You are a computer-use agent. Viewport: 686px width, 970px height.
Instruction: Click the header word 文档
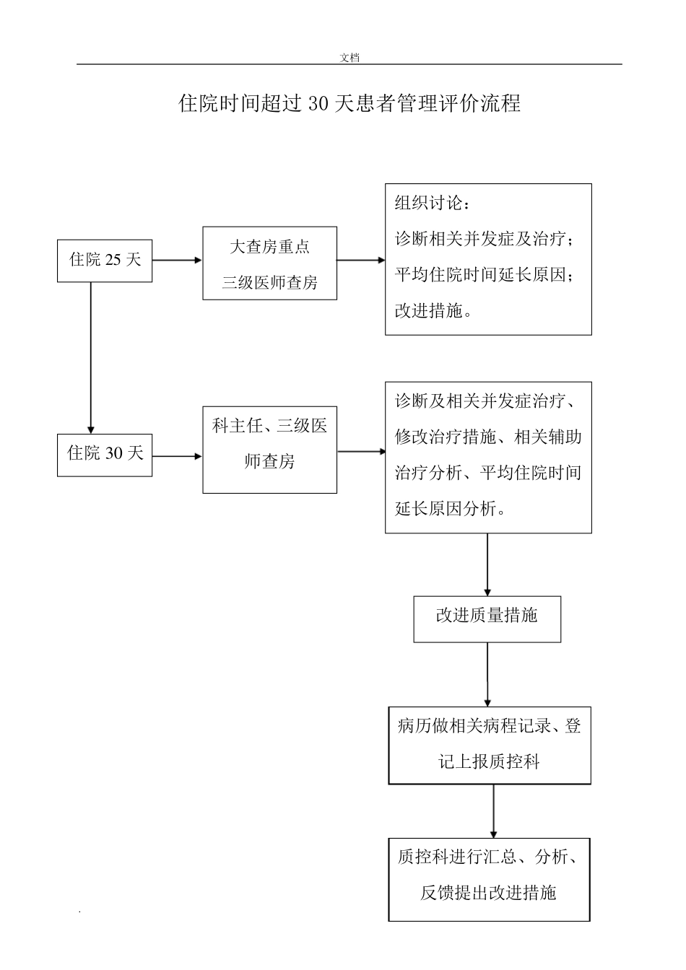tap(349, 58)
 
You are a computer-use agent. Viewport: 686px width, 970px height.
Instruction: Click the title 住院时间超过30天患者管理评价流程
tap(349, 104)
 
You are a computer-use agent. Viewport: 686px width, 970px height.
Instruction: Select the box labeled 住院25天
tap(105, 261)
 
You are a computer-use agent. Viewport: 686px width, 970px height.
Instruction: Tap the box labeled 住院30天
tap(105, 455)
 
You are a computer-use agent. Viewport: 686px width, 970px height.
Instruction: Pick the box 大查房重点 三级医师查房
tap(269, 263)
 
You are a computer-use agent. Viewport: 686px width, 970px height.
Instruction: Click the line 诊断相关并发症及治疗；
tap(485, 239)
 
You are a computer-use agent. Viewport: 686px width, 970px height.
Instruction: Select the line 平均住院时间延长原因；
tap(485, 275)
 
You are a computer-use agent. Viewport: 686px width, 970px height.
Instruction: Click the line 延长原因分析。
tap(450, 509)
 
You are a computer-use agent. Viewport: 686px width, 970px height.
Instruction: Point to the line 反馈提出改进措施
tap(488, 893)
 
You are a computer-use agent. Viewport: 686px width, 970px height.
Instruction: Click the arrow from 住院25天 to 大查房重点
tap(177, 261)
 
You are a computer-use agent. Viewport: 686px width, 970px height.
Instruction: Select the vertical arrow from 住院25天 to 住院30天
tap(91, 357)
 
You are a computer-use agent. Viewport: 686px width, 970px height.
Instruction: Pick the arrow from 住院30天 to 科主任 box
tap(177, 456)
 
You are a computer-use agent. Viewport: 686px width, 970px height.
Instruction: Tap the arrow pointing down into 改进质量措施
tap(487, 564)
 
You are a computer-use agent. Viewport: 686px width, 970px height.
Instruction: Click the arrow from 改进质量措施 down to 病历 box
tap(487, 674)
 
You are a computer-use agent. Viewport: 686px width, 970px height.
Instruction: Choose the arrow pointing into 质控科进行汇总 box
tap(494, 811)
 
